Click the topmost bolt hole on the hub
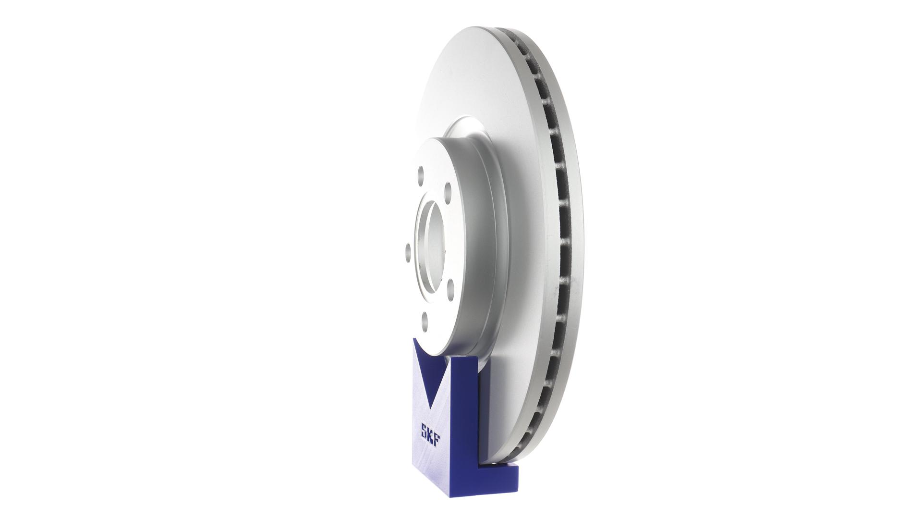click(x=421, y=173)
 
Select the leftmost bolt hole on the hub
click(x=408, y=251)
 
